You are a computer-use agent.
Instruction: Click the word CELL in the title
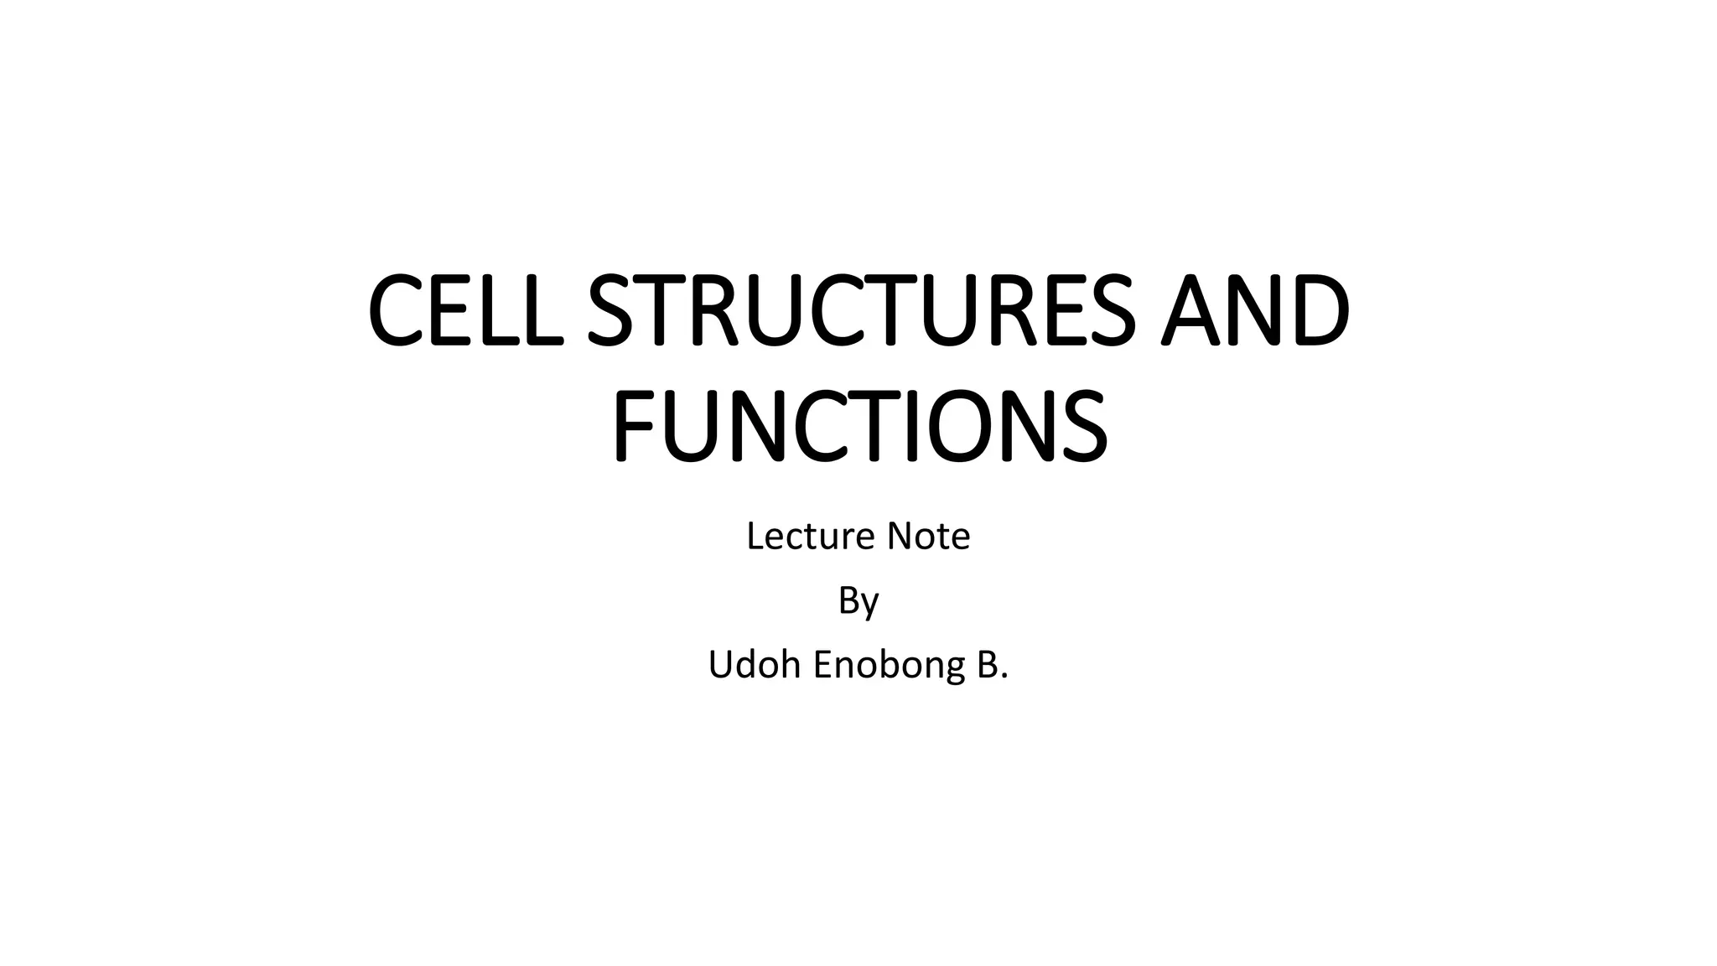tap(465, 310)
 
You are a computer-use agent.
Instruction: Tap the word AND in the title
tap(1254, 310)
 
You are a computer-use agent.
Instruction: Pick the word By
tap(858, 601)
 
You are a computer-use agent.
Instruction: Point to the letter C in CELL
tap(397, 310)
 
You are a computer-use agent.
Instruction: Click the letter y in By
tap(869, 605)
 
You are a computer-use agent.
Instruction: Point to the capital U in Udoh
tap(722, 665)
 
